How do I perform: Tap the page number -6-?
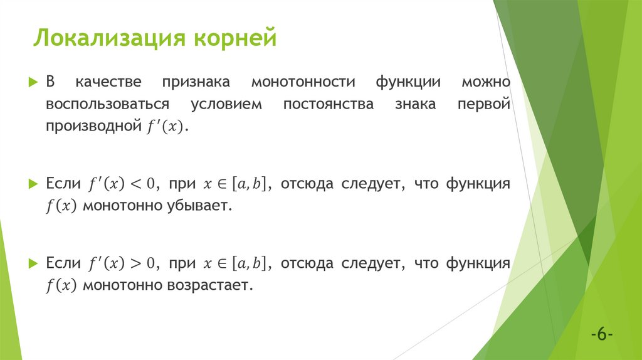pyautogui.click(x=601, y=334)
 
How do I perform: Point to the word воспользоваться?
pyautogui.click(x=107, y=105)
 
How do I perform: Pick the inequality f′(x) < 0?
pyautogui.click(x=124, y=184)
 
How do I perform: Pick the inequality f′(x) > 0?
pyautogui.click(x=124, y=263)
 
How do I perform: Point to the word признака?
pyautogui.click(x=196, y=83)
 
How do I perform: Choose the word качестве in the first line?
pyautogui.click(x=108, y=83)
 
